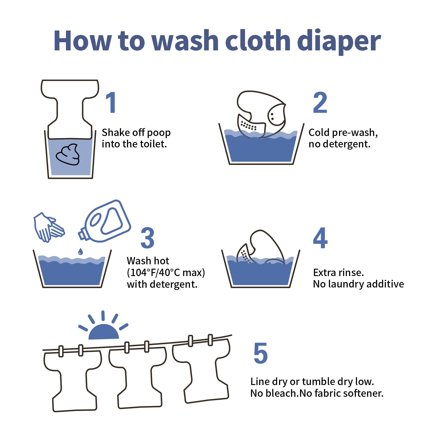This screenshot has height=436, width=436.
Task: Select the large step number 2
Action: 320,102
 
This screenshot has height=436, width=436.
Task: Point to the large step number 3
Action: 147,238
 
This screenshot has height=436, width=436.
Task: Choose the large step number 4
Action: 320,238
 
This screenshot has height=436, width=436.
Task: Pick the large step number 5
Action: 261,353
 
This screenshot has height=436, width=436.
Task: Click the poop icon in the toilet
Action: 68,154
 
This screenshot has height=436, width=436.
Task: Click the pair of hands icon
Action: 49,227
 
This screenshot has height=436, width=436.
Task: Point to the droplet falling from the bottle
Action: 80,251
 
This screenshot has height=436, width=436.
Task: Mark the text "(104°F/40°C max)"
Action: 166,272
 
